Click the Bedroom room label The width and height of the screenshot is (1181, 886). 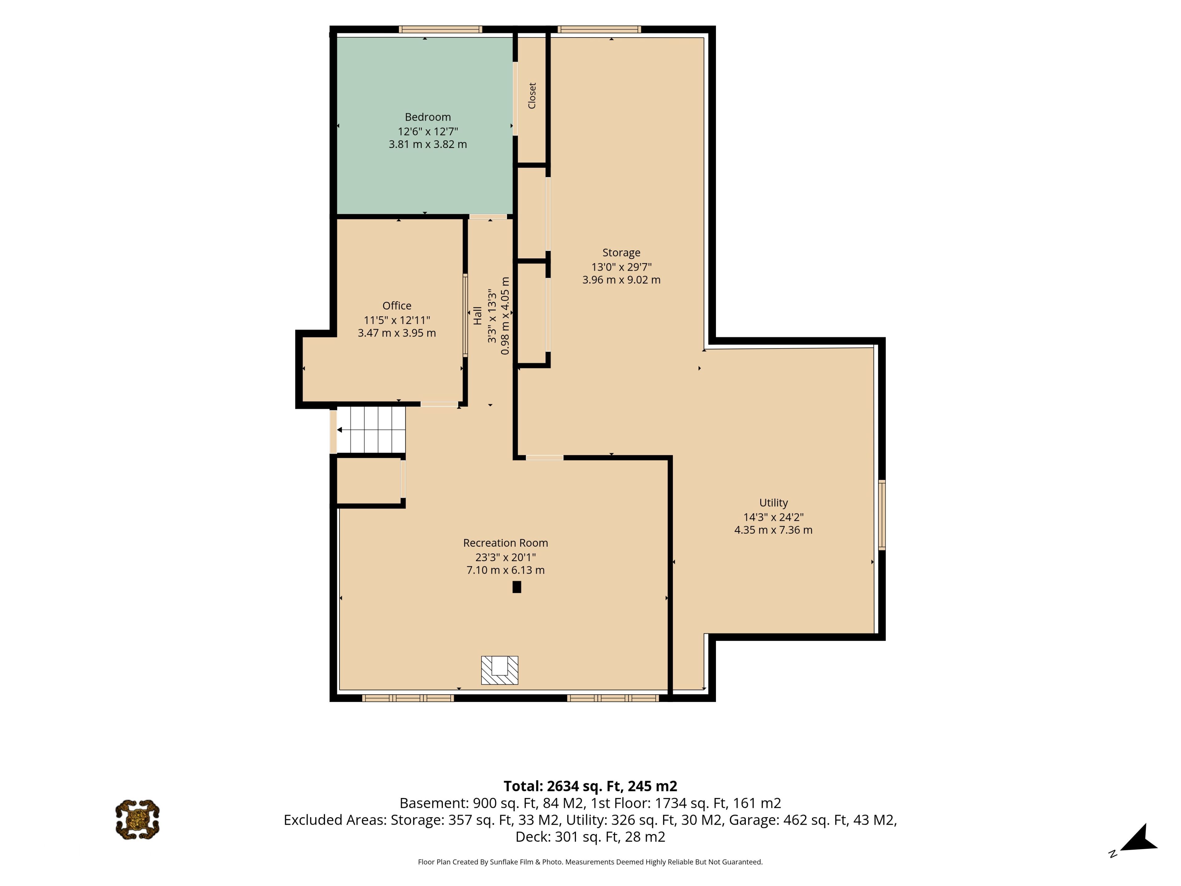428,117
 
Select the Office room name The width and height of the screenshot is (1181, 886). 397,305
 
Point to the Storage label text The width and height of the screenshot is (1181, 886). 621,253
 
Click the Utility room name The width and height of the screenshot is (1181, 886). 773,503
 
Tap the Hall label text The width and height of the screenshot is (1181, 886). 477,315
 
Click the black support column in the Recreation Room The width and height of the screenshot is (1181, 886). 516,586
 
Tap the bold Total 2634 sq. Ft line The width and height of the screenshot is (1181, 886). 590,786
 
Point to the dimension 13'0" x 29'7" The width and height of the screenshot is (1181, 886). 621,266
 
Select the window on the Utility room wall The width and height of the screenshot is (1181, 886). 882,515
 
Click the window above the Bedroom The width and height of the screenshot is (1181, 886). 440,29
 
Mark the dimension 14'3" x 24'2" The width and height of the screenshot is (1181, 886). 773,517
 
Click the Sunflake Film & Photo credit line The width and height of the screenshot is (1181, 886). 590,861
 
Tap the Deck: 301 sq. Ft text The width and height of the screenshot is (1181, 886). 590,836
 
